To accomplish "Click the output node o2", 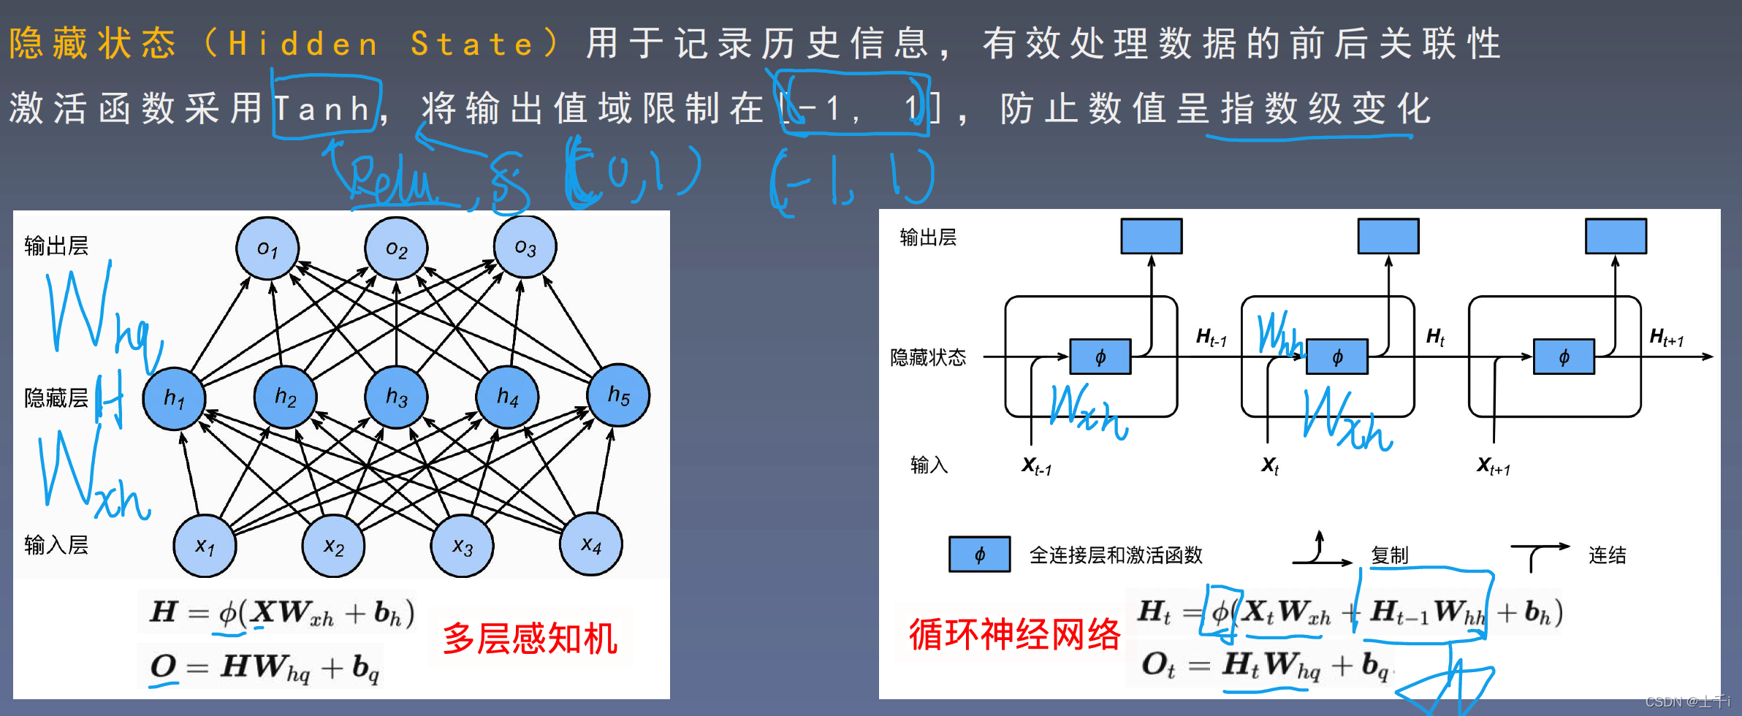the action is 396,248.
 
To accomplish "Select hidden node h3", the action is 396,397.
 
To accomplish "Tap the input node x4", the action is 590,544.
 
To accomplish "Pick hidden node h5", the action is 618,395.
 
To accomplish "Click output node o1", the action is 267,248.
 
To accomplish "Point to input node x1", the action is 205,546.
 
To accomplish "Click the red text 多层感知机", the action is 530,638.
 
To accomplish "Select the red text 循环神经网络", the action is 1014,633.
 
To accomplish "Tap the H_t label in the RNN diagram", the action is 1435,337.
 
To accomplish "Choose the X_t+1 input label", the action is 1493,465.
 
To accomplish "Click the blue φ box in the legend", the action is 979,555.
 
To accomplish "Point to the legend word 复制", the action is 1389,555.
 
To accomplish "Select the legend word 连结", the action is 1607,555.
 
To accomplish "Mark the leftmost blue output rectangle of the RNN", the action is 1151,236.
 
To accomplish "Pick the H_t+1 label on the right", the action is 1667,338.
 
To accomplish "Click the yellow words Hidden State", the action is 380,44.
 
